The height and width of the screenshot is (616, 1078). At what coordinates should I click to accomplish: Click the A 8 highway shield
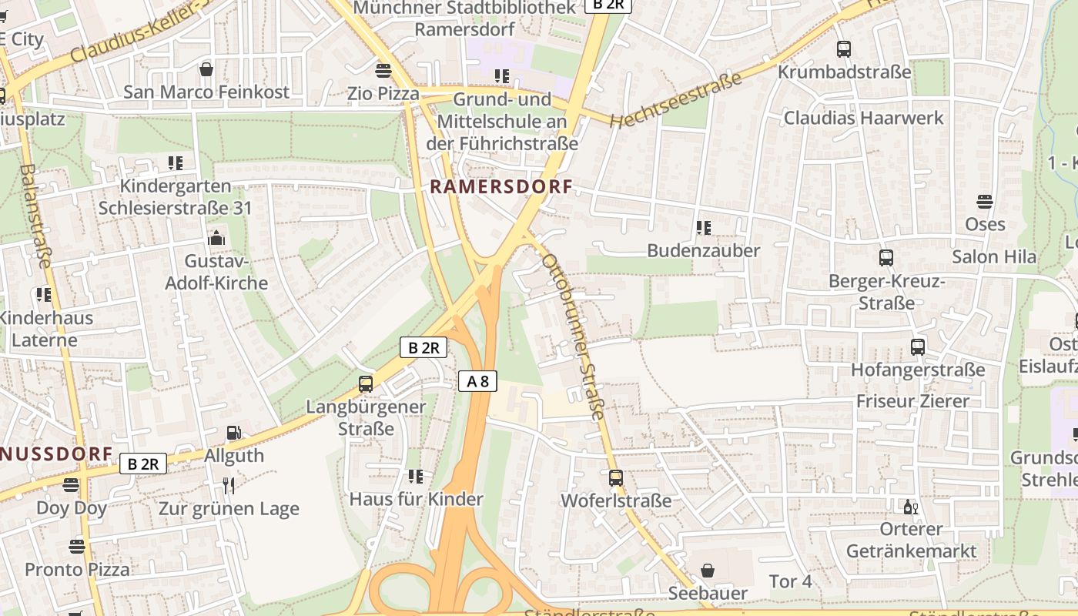click(x=477, y=380)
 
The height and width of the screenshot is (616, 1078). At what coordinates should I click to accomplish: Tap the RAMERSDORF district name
click(x=501, y=186)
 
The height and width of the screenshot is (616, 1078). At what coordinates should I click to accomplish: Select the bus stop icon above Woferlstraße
click(x=615, y=477)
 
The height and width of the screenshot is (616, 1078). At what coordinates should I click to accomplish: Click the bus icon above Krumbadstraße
click(x=844, y=49)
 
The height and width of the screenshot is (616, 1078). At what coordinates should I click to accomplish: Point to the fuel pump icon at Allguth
click(x=233, y=434)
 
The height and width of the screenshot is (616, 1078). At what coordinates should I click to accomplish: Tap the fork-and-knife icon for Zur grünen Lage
click(x=228, y=485)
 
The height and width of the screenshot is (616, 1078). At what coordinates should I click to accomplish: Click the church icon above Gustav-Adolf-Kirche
click(x=216, y=238)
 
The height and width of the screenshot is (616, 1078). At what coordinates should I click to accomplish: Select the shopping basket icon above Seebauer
click(x=707, y=571)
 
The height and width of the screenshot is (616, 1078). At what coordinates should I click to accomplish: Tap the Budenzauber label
click(x=703, y=250)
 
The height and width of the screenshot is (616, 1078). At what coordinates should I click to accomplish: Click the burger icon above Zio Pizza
click(x=383, y=71)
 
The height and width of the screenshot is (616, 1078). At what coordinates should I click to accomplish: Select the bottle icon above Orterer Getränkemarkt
click(x=910, y=507)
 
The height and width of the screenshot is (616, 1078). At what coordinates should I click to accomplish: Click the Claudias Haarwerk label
click(x=863, y=118)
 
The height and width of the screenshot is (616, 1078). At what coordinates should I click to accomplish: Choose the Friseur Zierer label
click(x=912, y=401)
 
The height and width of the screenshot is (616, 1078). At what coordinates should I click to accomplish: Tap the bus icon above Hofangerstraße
click(x=917, y=346)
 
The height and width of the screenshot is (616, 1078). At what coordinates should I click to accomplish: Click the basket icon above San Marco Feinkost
click(x=206, y=69)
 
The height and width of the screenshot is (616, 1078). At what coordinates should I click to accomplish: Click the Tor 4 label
click(x=790, y=581)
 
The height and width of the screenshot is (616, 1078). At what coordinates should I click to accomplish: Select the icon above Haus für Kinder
click(x=416, y=476)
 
